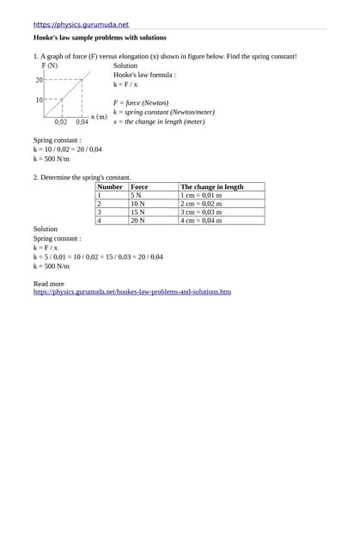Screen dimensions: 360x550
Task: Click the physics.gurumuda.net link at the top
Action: click(x=81, y=25)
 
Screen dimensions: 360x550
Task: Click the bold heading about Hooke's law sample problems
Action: click(x=100, y=38)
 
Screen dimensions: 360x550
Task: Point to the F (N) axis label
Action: click(x=50, y=65)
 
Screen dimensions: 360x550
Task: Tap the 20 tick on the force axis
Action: click(x=39, y=80)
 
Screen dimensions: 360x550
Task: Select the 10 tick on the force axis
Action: click(x=39, y=100)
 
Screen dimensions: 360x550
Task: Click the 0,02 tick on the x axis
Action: click(x=61, y=122)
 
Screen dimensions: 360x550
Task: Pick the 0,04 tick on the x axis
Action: click(x=82, y=122)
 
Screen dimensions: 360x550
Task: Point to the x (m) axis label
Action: click(x=99, y=116)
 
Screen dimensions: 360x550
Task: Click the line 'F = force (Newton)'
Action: click(x=141, y=102)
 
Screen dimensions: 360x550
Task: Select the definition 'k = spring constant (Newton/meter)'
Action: click(x=164, y=112)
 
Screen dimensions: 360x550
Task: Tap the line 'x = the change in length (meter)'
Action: click(x=159, y=121)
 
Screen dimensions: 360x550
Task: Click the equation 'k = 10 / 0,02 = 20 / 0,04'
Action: click(x=68, y=150)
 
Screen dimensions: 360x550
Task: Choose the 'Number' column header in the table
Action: click(x=110, y=186)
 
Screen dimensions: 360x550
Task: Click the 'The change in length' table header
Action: click(x=211, y=186)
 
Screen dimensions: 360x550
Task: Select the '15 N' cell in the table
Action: click(x=137, y=212)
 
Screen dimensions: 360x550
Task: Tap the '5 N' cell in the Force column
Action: click(x=136, y=195)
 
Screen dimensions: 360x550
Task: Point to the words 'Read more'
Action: click(x=48, y=284)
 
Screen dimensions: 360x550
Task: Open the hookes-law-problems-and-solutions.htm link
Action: click(x=131, y=292)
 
